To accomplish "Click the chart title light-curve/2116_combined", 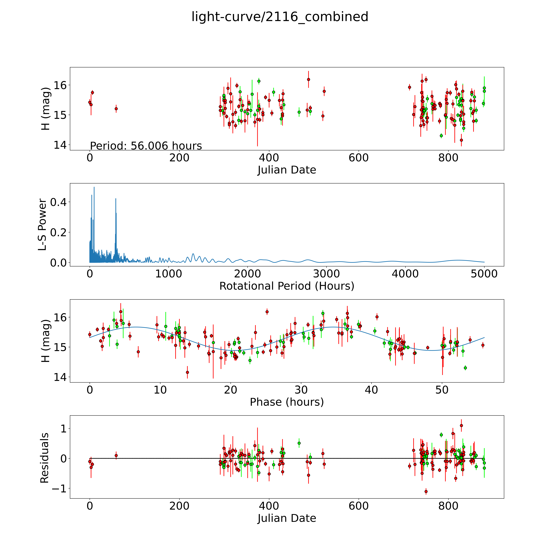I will click(x=280, y=17).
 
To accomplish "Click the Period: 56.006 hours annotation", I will click(x=146, y=146).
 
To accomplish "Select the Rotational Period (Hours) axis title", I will click(x=287, y=286).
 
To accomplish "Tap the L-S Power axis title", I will click(x=43, y=225).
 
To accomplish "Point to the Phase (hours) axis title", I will click(x=287, y=402).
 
